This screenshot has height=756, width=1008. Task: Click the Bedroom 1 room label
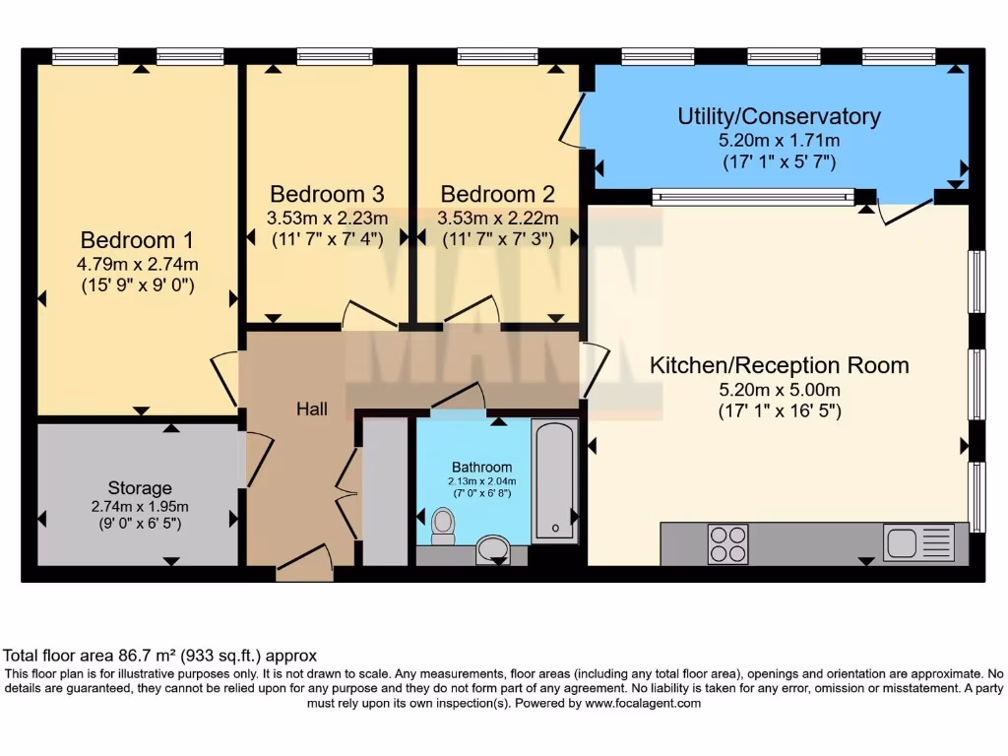tap(137, 240)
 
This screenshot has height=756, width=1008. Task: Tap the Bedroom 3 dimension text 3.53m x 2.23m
tap(327, 219)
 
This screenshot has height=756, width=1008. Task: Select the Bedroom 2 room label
tap(497, 194)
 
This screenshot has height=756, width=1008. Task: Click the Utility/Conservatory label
tap(778, 117)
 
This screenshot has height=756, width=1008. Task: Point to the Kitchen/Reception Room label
tap(778, 366)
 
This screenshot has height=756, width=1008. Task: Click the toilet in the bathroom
tap(443, 525)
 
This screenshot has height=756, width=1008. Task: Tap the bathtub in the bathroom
tap(555, 480)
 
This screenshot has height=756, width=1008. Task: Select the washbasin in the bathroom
tap(493, 548)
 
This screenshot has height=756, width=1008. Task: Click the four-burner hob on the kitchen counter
tap(727, 544)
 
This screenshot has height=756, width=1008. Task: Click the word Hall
tap(312, 409)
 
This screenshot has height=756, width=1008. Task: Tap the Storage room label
tap(140, 488)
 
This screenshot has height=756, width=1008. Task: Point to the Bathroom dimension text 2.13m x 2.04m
tap(482, 479)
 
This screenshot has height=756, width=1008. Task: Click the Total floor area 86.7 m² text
tap(159, 655)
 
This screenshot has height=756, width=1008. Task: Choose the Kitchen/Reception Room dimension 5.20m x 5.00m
tap(779, 390)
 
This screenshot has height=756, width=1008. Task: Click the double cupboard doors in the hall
tap(346, 492)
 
